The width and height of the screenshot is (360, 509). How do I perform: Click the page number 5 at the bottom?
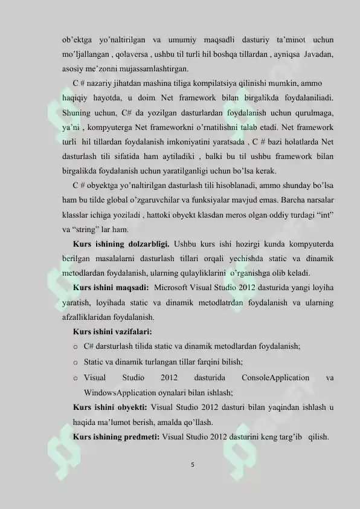point(191,465)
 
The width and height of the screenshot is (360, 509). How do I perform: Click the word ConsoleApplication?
point(275,378)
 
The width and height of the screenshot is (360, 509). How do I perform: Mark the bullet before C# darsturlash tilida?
point(76,346)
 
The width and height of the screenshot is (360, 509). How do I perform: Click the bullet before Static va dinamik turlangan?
point(76,361)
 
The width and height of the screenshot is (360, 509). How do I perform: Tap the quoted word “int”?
point(324,215)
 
